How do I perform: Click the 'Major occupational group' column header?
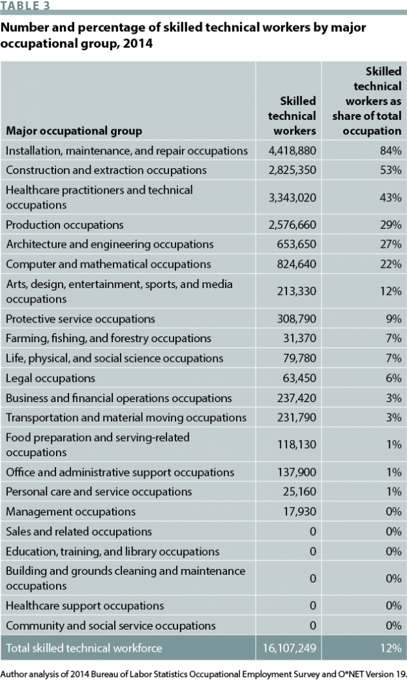(74, 131)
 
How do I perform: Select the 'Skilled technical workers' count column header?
(292, 116)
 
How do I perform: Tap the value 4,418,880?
(292, 151)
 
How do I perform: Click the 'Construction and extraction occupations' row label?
(106, 170)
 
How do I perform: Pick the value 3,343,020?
(292, 197)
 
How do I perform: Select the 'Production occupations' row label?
(65, 225)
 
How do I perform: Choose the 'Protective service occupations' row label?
(80, 319)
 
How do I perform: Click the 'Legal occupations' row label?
(50, 378)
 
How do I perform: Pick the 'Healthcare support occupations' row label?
(85, 605)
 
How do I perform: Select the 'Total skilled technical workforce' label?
(83, 648)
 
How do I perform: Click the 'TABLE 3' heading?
(25, 5)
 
